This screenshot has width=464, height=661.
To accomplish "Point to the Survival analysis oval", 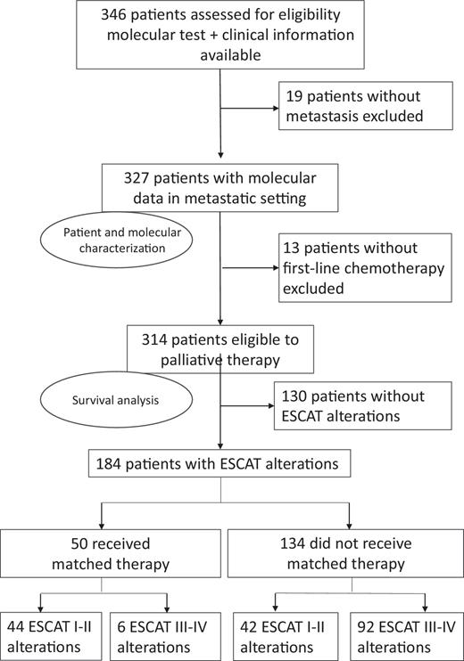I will coord(113,399).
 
